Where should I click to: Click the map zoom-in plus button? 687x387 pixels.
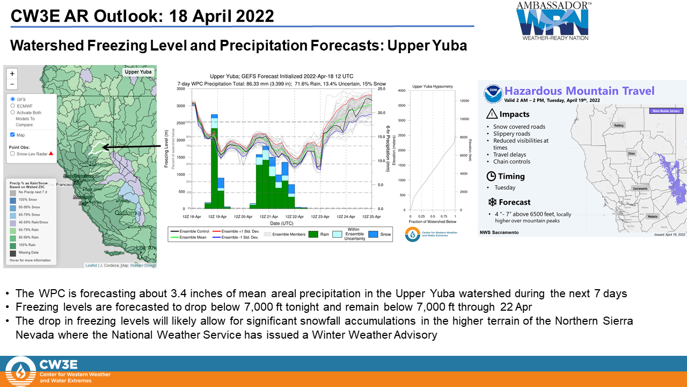coord(12,73)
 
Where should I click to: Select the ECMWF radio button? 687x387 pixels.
coord(12,106)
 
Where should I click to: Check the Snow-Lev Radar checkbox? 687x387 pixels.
coord(12,154)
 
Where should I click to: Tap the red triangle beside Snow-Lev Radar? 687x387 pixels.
coord(51,153)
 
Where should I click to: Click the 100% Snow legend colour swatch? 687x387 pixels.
coord(13,200)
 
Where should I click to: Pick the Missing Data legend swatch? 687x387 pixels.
coord(13,253)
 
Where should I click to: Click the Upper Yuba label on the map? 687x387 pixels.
coord(138,71)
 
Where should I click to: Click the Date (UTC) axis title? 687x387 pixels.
coord(282,222)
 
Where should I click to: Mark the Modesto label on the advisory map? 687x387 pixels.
coord(653,217)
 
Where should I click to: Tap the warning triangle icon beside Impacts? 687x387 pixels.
coord(491,114)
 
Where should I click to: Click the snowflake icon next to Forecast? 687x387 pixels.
coord(491,202)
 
